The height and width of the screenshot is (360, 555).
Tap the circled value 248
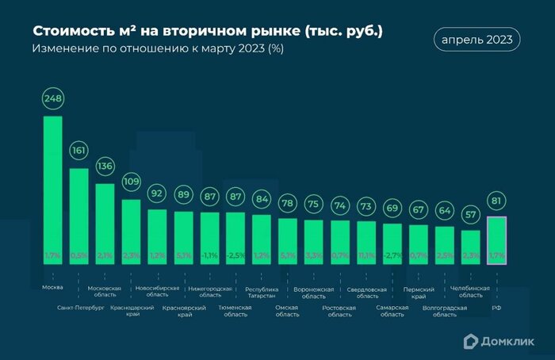[52, 98]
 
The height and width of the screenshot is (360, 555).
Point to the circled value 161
[78, 150]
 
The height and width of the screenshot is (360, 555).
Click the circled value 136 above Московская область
[105, 167]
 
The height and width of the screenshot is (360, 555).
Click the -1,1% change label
[209, 256]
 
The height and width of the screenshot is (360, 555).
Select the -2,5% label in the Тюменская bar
[235, 256]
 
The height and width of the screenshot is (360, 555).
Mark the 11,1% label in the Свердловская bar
[366, 256]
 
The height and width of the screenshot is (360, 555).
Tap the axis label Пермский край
[418, 293]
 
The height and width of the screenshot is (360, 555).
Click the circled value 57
[470, 215]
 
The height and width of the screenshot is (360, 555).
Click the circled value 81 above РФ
[496, 201]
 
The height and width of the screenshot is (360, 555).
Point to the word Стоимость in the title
[67, 32]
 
